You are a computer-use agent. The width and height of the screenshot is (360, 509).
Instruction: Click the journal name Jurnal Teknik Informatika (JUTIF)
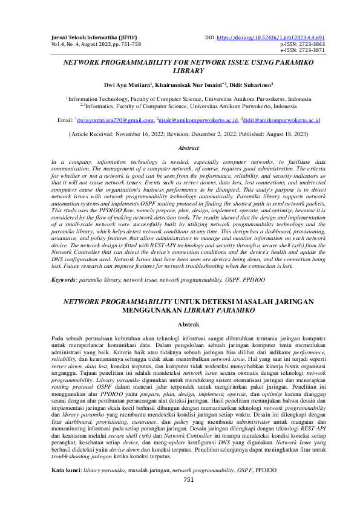[x=90, y=37]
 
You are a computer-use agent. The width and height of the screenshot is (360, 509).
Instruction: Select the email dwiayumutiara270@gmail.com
[x=114, y=120]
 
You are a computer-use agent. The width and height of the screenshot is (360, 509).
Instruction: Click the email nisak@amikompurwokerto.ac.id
[x=195, y=120]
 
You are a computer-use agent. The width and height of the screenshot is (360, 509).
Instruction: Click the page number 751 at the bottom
[x=188, y=496]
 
